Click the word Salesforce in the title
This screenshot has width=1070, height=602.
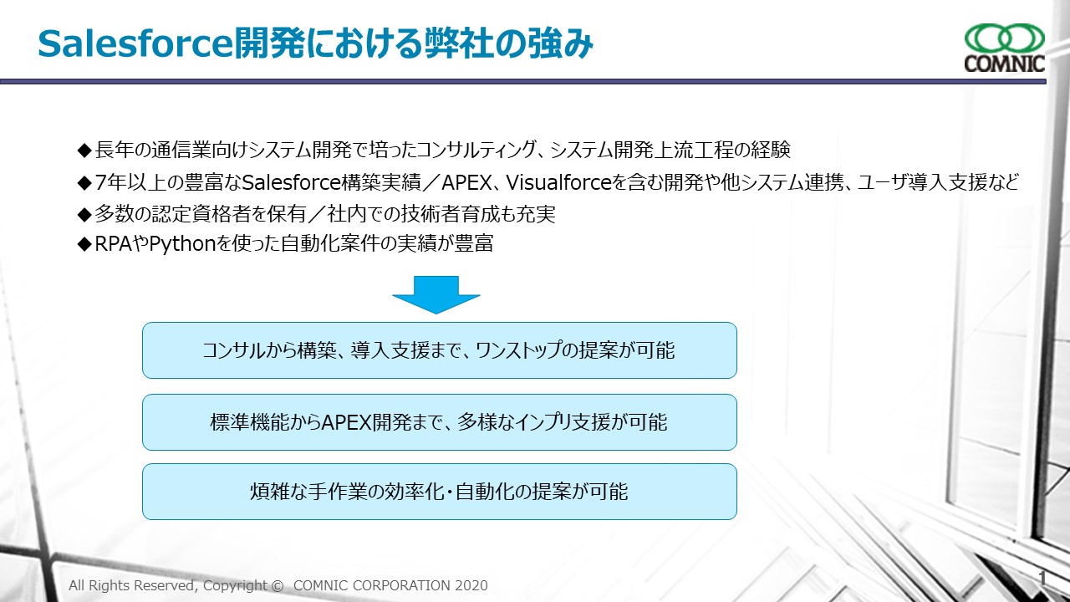coord(135,44)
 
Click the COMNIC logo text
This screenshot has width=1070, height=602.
coord(1004,63)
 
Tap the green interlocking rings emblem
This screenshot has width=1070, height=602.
coord(1005,38)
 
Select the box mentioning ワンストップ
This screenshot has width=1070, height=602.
coord(440,350)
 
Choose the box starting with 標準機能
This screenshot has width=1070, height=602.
coord(440,422)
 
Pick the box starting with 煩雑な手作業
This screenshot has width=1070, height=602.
coord(440,491)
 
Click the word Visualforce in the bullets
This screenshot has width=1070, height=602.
coord(558,182)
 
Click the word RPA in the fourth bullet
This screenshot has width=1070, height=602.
coord(113,243)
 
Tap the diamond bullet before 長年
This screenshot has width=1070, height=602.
coord(84,150)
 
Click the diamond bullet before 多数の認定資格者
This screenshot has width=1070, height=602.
coord(84,215)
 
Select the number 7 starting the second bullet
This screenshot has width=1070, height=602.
coord(100,182)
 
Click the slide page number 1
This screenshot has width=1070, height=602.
coord(1042,579)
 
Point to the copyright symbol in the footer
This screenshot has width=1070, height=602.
coord(277,585)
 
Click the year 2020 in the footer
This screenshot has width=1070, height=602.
coord(471,585)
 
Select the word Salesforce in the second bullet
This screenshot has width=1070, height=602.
coord(292,182)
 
